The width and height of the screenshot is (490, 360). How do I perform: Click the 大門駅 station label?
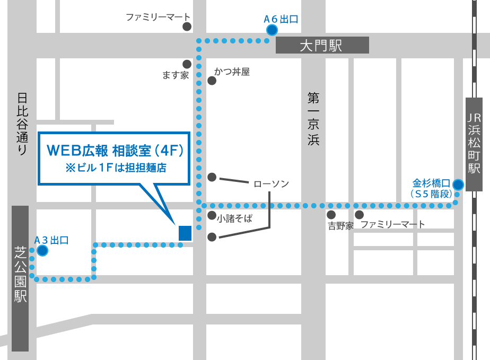(322, 45)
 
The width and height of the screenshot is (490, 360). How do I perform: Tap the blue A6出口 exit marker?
(272, 30)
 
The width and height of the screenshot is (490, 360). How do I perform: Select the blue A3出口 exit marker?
(42, 250)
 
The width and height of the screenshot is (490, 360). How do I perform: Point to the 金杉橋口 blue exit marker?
(458, 185)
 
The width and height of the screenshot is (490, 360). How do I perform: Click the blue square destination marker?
(185, 233)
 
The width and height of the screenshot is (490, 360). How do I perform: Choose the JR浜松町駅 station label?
(474, 144)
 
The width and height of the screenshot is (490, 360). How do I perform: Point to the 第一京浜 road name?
(313, 119)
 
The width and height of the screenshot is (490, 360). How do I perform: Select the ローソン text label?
(271, 184)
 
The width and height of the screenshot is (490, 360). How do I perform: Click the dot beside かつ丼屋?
(212, 81)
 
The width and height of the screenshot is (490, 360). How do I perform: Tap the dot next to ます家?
(186, 63)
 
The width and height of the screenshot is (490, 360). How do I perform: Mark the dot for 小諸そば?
(212, 216)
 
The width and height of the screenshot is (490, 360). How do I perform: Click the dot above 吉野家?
(331, 215)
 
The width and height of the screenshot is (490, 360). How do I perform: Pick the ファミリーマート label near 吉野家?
(393, 225)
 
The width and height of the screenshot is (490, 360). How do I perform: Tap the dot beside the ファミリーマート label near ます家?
(186, 27)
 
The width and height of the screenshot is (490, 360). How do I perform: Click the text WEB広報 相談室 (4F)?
(115, 151)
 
